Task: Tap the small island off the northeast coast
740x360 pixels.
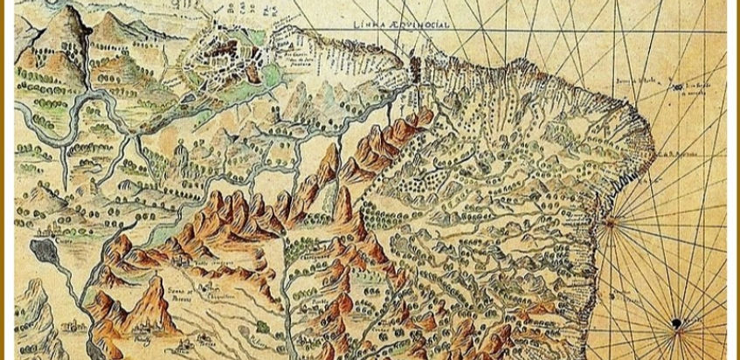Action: [676, 87]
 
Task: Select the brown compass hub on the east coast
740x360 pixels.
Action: [610, 222]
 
